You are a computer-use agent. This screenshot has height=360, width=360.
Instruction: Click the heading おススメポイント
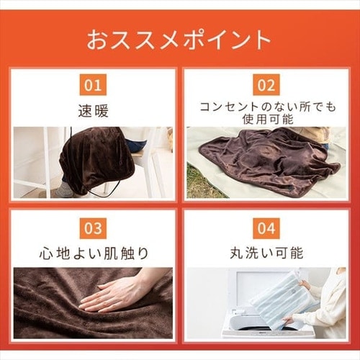tap(179, 40)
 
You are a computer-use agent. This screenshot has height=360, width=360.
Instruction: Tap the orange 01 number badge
tap(93, 85)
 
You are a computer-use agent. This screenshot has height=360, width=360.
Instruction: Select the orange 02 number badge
tap(266, 85)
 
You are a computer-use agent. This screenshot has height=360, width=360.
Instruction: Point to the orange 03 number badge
tap(93, 228)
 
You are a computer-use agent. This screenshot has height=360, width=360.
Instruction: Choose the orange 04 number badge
tap(266, 228)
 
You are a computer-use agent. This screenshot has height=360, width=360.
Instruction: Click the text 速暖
tap(94, 111)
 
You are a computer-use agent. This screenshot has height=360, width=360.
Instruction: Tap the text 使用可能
tap(268, 119)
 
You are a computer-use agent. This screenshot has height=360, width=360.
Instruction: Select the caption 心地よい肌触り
tap(94, 253)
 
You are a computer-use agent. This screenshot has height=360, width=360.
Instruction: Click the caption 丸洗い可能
tap(266, 253)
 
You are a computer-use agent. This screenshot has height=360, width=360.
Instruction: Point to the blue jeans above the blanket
tap(135, 144)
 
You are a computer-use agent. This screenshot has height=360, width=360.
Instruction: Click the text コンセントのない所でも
tap(268, 107)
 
